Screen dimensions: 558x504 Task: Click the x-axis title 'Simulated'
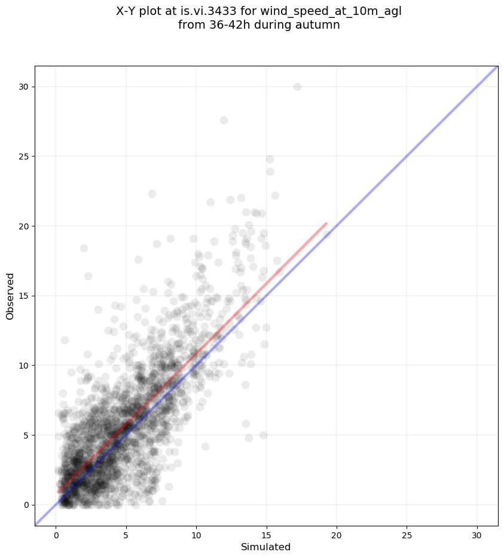(265, 547)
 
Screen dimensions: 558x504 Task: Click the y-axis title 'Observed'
(10, 296)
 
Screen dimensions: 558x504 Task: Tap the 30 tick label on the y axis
(23, 87)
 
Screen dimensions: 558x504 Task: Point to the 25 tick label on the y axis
(23, 157)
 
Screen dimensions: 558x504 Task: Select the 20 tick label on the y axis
(23, 226)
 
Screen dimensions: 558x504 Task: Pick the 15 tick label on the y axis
(23, 296)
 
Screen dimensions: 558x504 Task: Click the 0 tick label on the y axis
(25, 505)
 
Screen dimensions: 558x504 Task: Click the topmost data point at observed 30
(297, 87)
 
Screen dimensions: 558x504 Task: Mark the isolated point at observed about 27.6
(224, 120)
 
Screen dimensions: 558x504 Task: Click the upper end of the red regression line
(326, 223)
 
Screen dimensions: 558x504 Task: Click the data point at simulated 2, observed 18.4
(84, 248)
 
